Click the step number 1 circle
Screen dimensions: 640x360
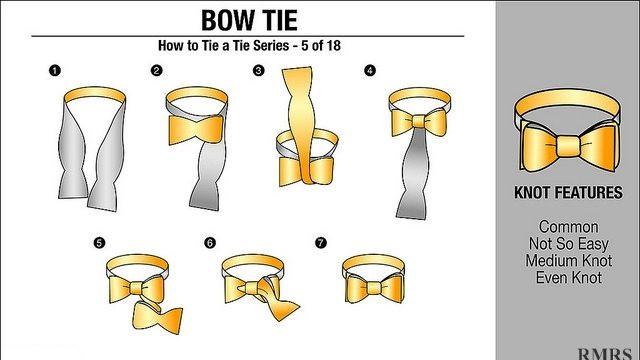point(55,71)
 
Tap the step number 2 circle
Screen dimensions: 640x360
point(156,71)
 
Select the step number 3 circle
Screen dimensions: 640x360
point(258,71)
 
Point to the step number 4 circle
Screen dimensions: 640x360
point(370,71)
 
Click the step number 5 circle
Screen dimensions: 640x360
point(99,243)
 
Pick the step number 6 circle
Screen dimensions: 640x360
point(209,243)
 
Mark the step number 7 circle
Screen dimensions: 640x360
point(321,243)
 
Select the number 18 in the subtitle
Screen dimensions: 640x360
point(333,45)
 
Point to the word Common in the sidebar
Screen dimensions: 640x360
point(568,227)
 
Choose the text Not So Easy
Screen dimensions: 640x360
point(569,244)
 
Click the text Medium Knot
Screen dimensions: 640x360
point(569,260)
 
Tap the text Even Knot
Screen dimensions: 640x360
point(569,278)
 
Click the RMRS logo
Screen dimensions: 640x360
point(604,354)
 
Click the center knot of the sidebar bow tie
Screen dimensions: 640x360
point(568,146)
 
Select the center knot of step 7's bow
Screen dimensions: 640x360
point(373,287)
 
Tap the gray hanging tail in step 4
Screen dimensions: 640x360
point(413,176)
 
